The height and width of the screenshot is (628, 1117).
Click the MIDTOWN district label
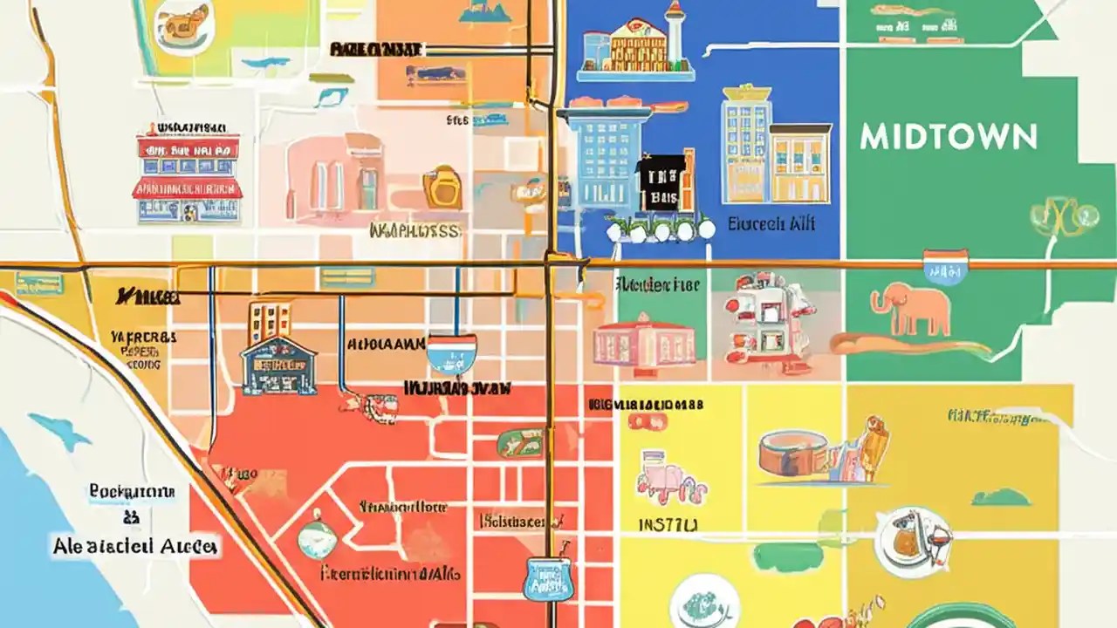(948, 136)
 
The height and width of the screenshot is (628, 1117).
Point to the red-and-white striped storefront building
(187, 174)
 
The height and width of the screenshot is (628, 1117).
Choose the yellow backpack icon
(442, 187)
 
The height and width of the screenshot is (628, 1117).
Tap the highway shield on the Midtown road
(945, 266)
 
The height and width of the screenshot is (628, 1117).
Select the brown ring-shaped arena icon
(793, 454)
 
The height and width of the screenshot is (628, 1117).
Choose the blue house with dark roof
(278, 365)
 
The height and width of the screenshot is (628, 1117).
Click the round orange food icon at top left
(184, 26)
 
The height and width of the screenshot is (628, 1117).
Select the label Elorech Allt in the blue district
(772, 224)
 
